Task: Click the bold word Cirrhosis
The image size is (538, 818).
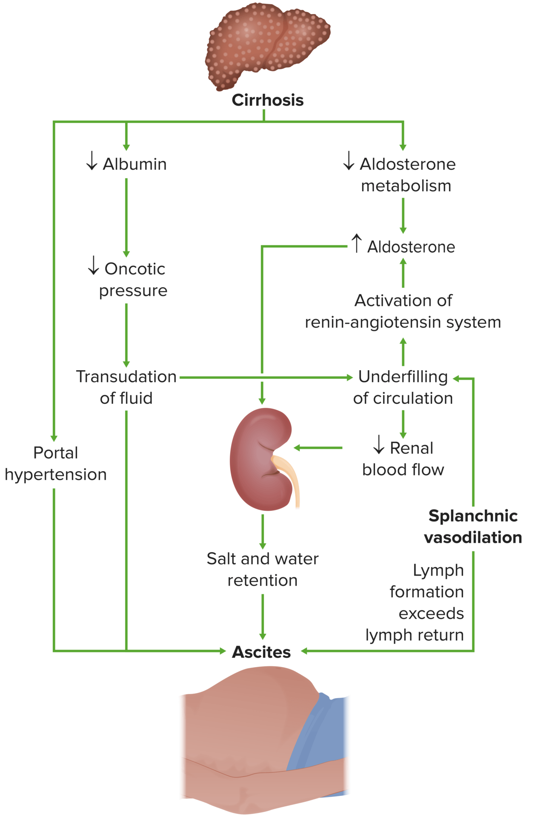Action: [x=267, y=100]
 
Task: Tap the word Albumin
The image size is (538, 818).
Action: [x=134, y=164]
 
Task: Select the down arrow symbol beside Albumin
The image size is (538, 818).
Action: [x=92, y=161]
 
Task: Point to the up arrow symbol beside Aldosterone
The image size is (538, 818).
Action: [x=356, y=243]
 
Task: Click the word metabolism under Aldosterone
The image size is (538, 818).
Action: [x=406, y=186]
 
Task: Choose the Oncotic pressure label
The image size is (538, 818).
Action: [x=132, y=279]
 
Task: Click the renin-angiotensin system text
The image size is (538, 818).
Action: [x=403, y=322]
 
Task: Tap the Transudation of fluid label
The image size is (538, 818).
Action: [x=126, y=387]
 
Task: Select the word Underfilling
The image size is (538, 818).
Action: [x=403, y=377]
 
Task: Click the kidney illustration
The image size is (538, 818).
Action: [x=258, y=459]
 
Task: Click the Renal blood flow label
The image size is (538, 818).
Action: [x=403, y=459]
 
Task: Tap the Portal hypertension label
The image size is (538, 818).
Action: [x=55, y=464]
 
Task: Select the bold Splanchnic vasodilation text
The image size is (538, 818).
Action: [x=472, y=527]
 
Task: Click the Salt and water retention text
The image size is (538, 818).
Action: [x=262, y=569]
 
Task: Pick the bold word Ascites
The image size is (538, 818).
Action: [x=261, y=652]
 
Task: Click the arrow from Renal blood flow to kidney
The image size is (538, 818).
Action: [x=318, y=448]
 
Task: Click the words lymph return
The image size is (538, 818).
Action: [x=414, y=635]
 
